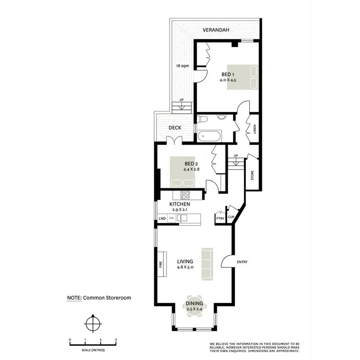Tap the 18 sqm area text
[x=182, y=66]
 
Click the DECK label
[x=175, y=128]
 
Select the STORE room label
[x=252, y=176]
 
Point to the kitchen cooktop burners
[x=186, y=195]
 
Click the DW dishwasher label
[x=171, y=218]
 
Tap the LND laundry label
[x=162, y=219]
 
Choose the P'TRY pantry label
[x=220, y=219]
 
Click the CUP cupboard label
[x=231, y=217]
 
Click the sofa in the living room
[x=207, y=264]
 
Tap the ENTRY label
[x=242, y=262]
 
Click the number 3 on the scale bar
[x=116, y=340]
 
